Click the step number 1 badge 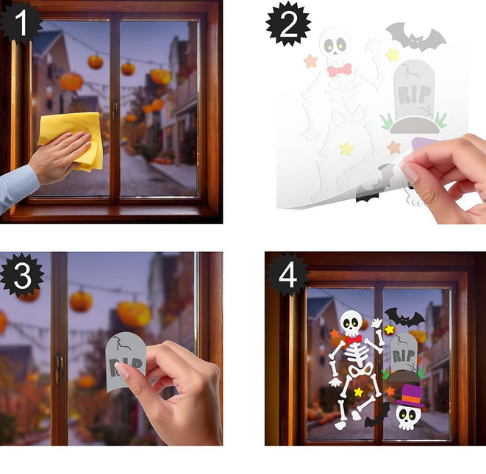click(21, 23)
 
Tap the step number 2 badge click(288, 24)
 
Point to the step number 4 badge click(288, 276)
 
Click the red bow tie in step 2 click(339, 70)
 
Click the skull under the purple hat click(408, 417)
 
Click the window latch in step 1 click(115, 109)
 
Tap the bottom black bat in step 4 click(377, 415)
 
